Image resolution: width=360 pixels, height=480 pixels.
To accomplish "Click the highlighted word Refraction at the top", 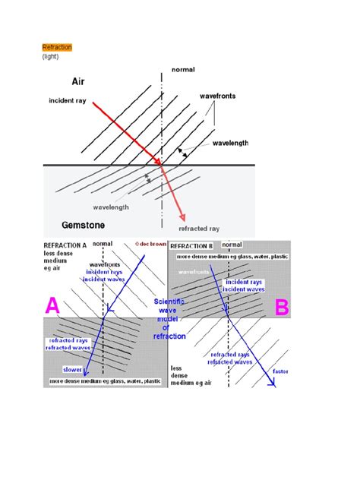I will pyautogui.click(x=57, y=47).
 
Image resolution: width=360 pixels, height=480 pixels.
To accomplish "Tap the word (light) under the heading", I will pyautogui.click(x=52, y=56).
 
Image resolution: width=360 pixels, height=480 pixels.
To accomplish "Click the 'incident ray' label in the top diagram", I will pyautogui.click(x=67, y=100).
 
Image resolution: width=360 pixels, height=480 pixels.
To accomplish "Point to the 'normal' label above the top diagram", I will pyautogui.click(x=183, y=69).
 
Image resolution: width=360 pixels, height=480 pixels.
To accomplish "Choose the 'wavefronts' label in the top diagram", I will pyautogui.click(x=219, y=97).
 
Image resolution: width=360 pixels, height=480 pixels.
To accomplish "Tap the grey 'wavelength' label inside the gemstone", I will pyautogui.click(x=111, y=207).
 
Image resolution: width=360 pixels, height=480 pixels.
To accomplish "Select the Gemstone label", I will pyautogui.click(x=84, y=226).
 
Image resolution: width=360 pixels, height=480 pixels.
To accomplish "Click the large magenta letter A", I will pyautogui.click(x=52, y=307).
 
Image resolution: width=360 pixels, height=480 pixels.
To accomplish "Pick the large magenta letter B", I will pyautogui.click(x=281, y=307).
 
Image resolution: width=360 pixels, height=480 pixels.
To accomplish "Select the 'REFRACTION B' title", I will pyautogui.click(x=191, y=247).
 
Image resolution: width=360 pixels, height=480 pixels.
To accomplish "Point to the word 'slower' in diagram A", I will pyautogui.click(x=71, y=368).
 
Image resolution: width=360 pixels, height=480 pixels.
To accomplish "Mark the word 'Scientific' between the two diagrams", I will pyautogui.click(x=169, y=302).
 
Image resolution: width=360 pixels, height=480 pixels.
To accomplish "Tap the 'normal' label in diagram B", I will pyautogui.click(x=232, y=245).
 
